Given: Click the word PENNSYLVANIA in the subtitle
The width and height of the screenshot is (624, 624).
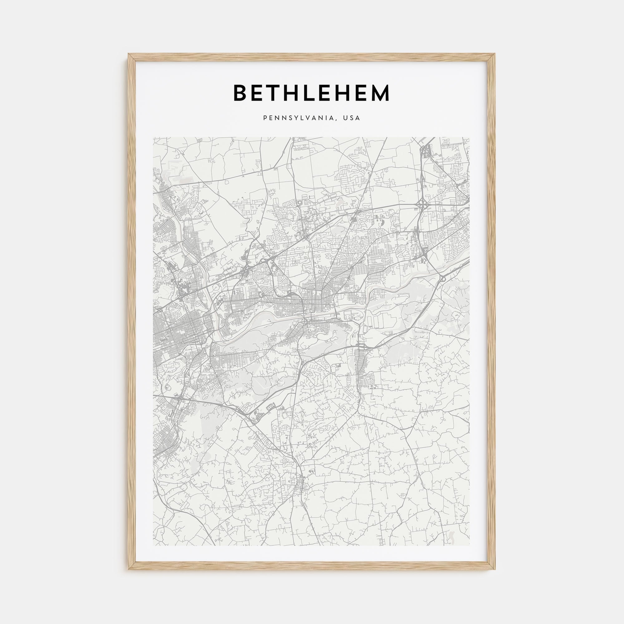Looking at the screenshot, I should (301, 118).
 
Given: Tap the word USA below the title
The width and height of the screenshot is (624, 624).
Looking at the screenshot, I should (351, 118).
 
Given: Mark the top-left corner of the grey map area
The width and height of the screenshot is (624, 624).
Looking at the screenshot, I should (154, 137).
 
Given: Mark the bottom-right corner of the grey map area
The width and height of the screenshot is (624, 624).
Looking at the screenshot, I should (470, 545).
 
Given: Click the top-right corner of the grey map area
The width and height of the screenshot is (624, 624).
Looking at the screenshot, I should (470, 137).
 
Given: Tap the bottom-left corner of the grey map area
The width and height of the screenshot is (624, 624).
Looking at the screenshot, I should (154, 545).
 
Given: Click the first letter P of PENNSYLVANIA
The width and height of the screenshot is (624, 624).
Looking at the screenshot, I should (265, 118).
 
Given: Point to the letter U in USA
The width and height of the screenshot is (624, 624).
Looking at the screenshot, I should (345, 118).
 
